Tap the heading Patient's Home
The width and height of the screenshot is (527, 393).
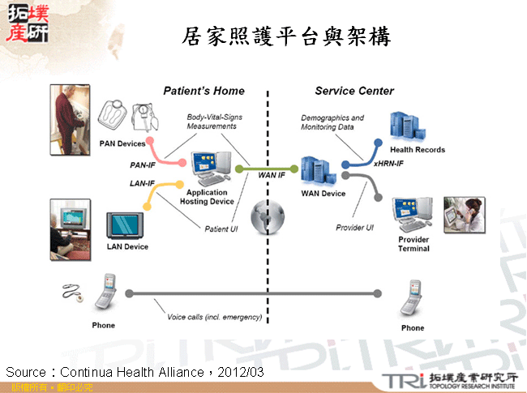(204, 91)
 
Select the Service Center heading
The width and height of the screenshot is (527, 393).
(354, 91)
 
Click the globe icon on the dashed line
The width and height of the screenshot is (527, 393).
(268, 217)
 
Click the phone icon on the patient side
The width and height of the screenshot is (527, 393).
(107, 293)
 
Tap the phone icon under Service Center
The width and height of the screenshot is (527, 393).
(413, 300)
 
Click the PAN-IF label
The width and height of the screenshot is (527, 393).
(143, 164)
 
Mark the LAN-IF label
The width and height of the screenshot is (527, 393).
(142, 183)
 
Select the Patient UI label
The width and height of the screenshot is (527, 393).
(221, 229)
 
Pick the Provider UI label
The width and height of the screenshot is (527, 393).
(354, 228)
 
